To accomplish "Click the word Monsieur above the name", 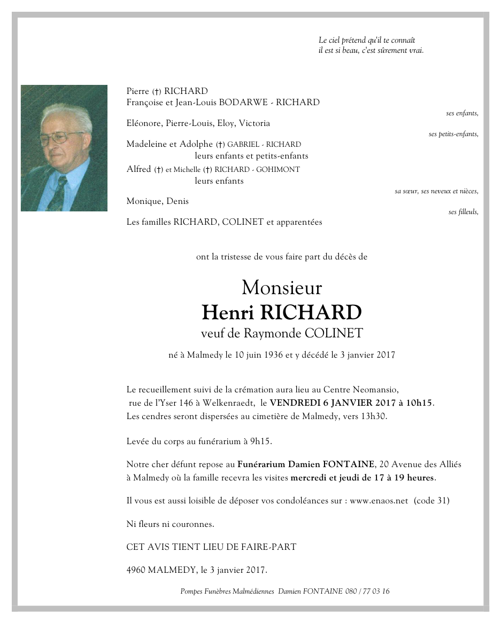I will [282, 288].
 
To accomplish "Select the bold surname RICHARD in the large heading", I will [315, 312].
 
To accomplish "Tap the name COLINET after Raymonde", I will [334, 334].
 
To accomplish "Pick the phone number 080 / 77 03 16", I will [367, 591].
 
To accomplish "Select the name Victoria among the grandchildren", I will [255, 123].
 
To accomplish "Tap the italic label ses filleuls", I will [463, 212].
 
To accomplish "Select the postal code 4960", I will [136, 570].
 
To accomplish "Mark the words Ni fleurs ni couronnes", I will [170, 524].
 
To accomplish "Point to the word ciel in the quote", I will [335, 40].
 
